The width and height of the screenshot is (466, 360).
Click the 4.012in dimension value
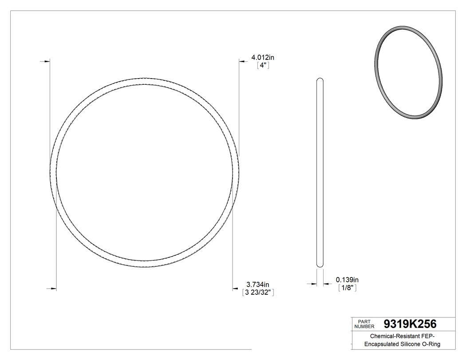point(263,57)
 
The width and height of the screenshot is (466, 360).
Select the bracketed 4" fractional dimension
point(264,65)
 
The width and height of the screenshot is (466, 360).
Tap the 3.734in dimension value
point(258,285)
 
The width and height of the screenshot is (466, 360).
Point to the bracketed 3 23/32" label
point(258,293)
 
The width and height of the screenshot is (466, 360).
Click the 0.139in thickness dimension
point(347,280)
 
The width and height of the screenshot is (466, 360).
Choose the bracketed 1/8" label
point(348,288)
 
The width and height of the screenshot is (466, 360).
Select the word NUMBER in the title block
point(364,326)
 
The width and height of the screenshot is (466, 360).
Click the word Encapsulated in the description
point(380,344)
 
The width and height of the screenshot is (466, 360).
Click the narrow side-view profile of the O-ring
point(320,173)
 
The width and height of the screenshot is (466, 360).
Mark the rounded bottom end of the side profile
point(320,265)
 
